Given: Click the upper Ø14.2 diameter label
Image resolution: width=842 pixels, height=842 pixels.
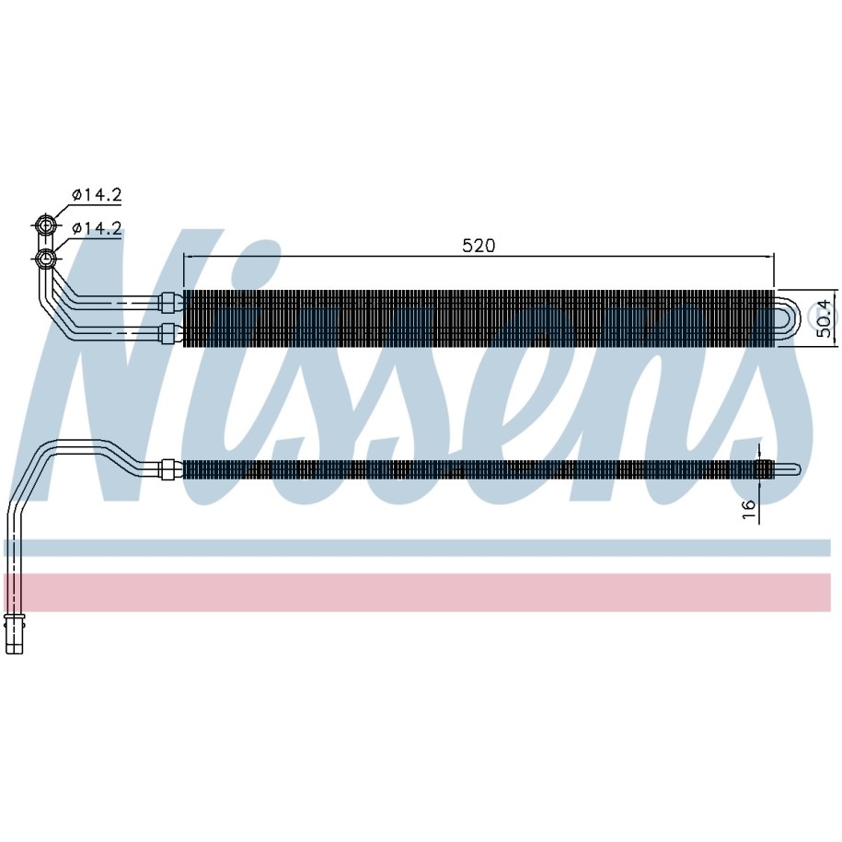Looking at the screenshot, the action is (x=98, y=194).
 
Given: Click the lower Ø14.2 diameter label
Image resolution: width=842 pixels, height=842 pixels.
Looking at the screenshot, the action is (x=98, y=229).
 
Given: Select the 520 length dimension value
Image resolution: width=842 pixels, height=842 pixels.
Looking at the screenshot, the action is (x=479, y=246).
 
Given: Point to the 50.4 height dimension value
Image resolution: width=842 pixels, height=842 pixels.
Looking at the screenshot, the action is (x=827, y=319).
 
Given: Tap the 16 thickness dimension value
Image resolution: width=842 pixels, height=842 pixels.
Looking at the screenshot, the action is (x=748, y=510).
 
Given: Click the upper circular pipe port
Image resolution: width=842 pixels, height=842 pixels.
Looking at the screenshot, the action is (x=46, y=225).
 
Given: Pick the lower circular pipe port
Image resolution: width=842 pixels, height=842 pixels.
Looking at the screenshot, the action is (x=46, y=259).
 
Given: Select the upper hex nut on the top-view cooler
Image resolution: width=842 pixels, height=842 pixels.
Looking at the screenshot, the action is (x=169, y=302).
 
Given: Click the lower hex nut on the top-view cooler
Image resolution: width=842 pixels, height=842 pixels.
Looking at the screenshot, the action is (x=169, y=333).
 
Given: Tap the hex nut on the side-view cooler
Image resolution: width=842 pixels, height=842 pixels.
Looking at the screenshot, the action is (x=169, y=469).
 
